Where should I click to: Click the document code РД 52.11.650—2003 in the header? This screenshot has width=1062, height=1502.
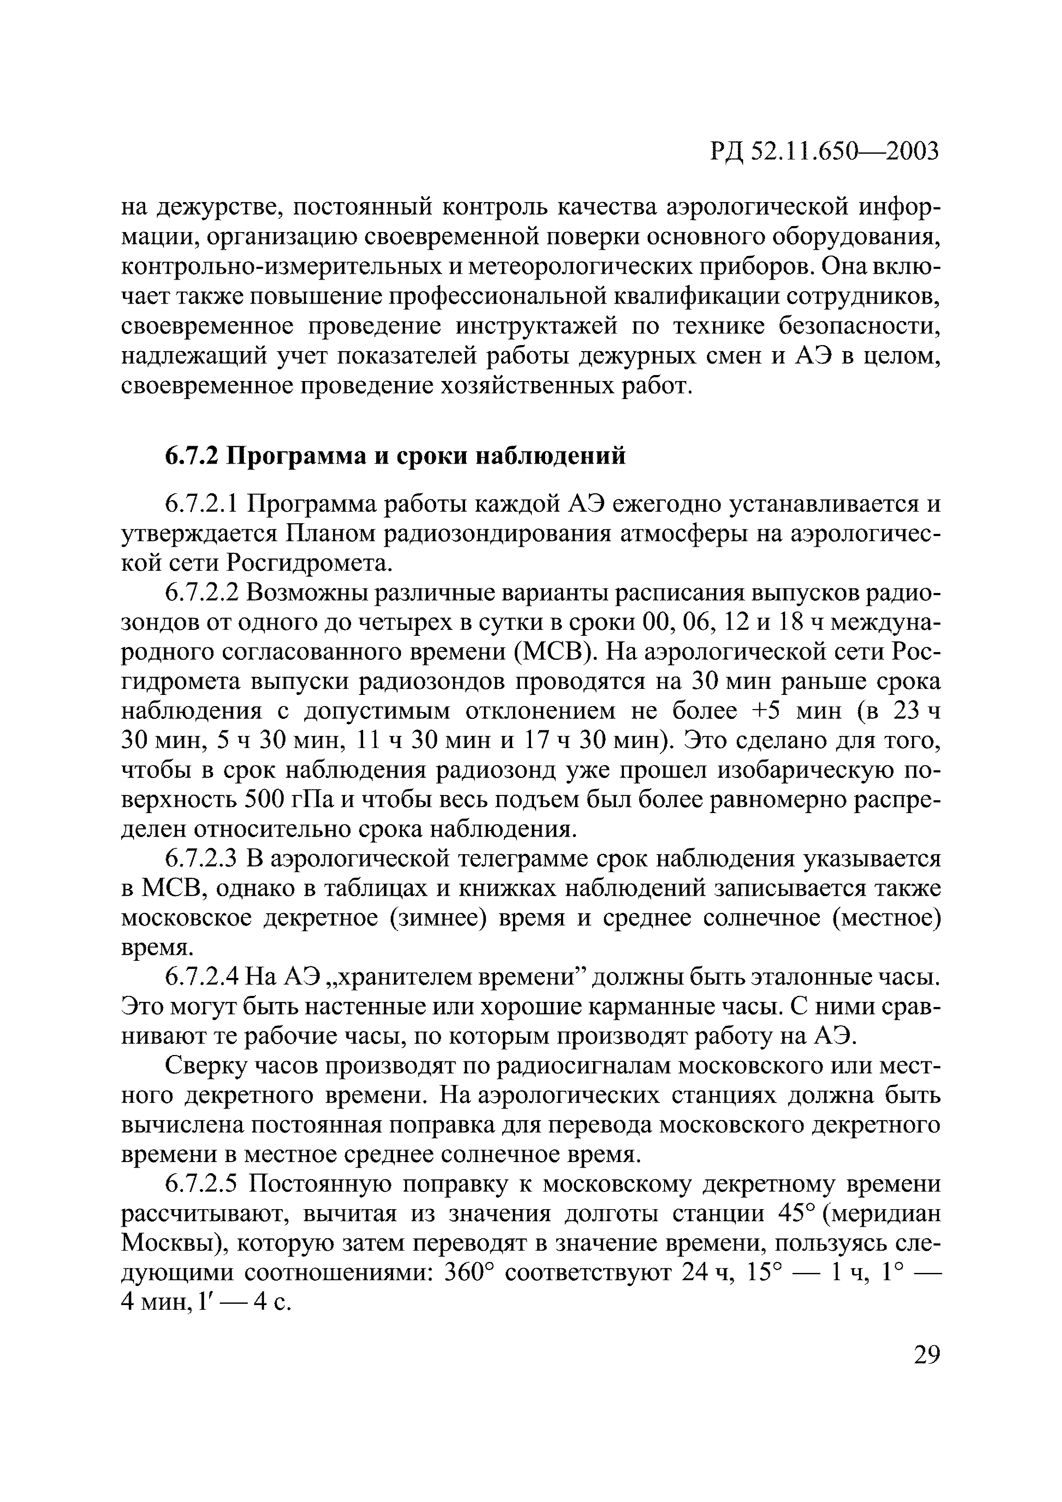pyautogui.click(x=824, y=152)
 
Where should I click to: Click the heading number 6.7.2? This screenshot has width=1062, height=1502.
pyautogui.click(x=191, y=455)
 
